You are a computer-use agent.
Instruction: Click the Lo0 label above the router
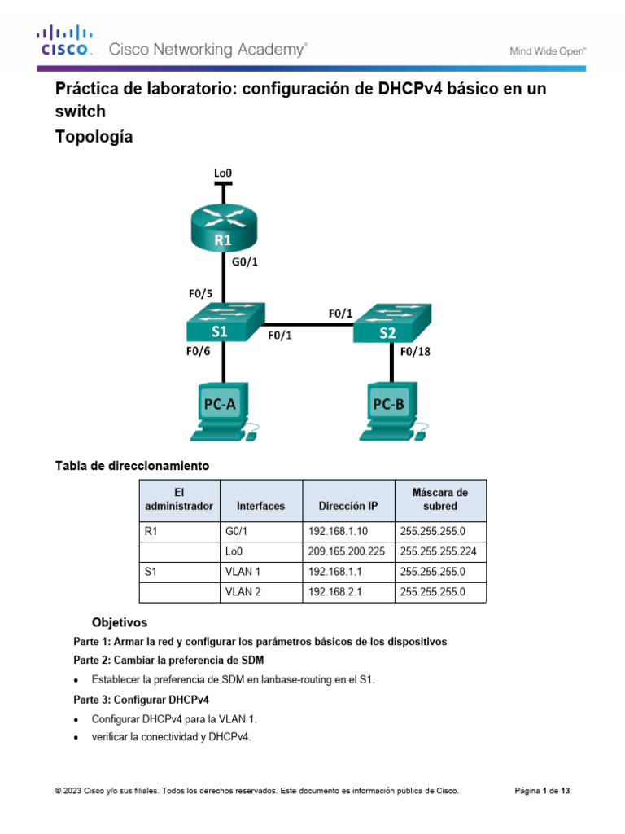[x=223, y=173]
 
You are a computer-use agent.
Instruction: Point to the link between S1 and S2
[x=309, y=321]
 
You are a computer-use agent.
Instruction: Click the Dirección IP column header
[x=348, y=506]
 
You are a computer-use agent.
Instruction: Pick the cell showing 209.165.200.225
[x=347, y=551]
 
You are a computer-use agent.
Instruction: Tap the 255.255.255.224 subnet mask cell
[x=439, y=551]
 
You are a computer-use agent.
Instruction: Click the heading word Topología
[x=93, y=138]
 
